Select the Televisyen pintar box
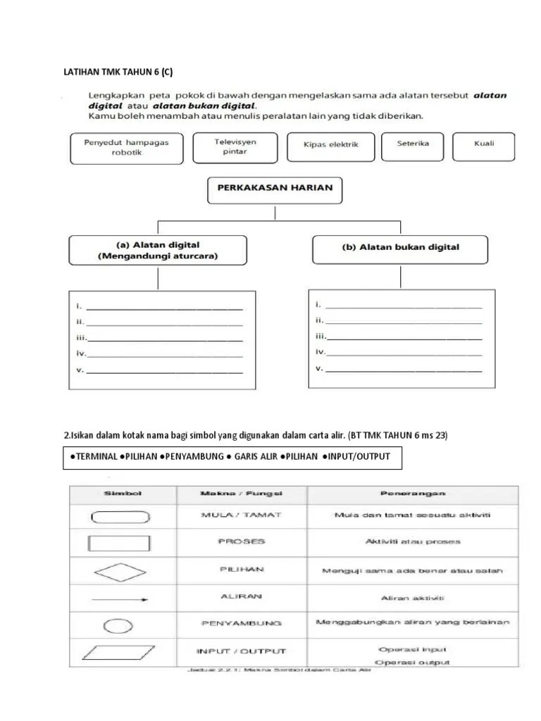235,146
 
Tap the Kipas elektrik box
331,145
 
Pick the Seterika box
413,144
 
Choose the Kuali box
485,144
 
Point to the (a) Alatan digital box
158,251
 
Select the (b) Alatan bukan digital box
401,247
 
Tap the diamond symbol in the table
119,570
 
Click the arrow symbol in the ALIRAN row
119,599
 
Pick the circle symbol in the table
118,625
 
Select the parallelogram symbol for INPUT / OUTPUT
118,653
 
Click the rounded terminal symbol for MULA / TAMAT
119,516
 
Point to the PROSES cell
241,541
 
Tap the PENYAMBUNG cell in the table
241,623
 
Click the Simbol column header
123,494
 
